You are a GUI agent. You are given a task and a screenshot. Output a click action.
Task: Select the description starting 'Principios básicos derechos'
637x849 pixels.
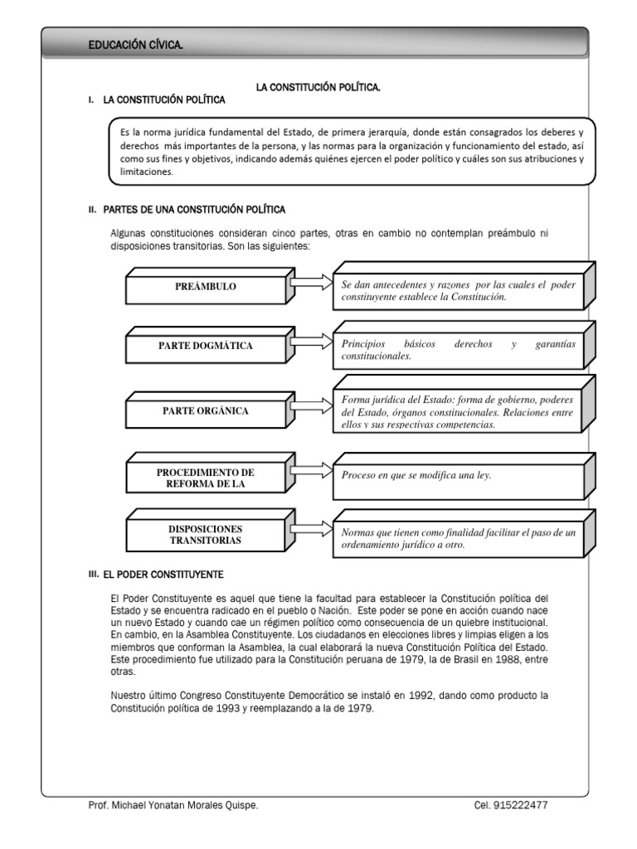coord(458,350)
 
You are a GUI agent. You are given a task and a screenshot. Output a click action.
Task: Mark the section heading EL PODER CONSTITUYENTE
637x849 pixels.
coord(163,574)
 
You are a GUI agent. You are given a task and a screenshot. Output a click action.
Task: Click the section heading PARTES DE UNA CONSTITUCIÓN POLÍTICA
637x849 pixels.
coord(194,210)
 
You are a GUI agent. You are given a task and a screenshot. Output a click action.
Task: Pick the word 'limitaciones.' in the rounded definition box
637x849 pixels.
coord(148,172)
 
